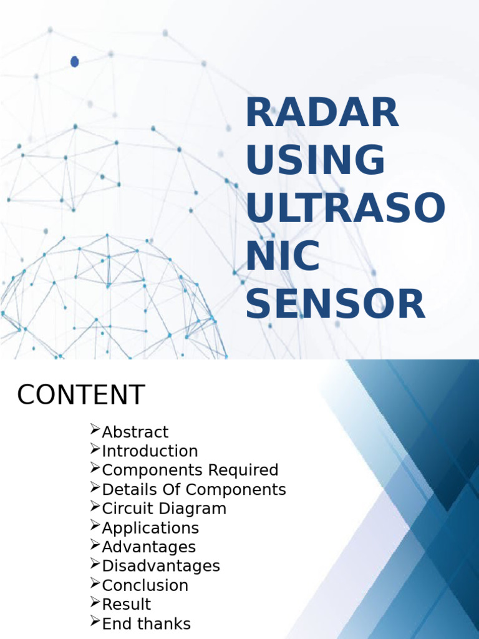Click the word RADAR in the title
pos(322,113)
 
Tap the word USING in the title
pos(315,160)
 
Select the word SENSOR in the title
pos(335,304)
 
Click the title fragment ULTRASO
pos(346,208)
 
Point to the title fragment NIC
pos(283,256)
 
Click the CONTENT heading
pos(81,395)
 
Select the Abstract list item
pos(135,432)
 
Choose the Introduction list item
pos(150,451)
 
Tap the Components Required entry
pos(190,470)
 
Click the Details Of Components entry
pos(193,489)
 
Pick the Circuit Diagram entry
pos(164,509)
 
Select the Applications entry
pos(150,528)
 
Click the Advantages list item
pos(148,547)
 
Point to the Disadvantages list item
pos(161,566)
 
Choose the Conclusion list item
pos(145,585)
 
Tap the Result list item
pos(126,605)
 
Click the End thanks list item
pos(146,624)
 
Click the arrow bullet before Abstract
pos(95,429)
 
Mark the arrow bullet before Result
pos(95,602)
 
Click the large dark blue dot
pos(75,61)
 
